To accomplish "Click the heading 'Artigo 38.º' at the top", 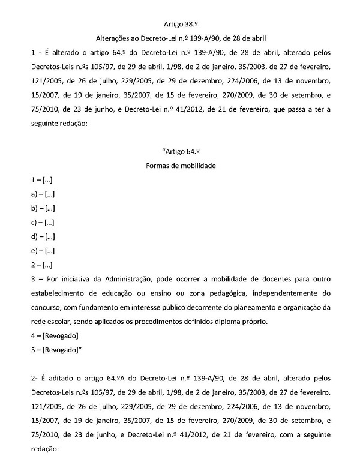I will [179, 24].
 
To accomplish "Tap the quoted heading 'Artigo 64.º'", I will [180, 151].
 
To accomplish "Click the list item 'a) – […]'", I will [41, 193].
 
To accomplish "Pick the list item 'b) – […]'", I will [41, 208].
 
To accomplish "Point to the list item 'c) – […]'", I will [41, 222].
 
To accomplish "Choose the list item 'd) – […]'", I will [41, 236].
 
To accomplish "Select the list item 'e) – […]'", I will [41, 251].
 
